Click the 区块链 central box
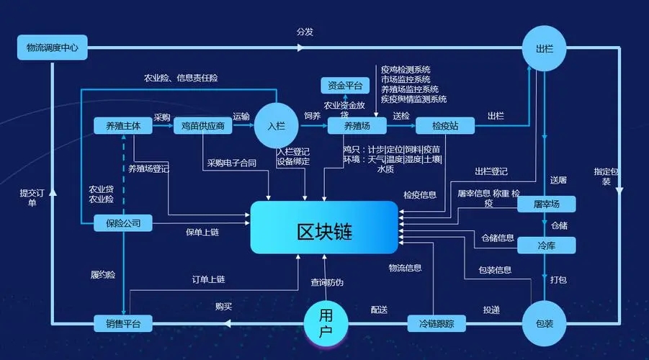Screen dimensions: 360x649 [324, 228]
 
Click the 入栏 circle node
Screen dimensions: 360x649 [277, 126]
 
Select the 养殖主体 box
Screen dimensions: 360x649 [123, 126]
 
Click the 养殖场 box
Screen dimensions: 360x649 [357, 126]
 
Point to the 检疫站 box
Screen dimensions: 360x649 [445, 126]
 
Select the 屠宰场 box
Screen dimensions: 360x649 [547, 204]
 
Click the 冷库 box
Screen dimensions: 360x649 [547, 246]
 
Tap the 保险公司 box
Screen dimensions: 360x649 [123, 224]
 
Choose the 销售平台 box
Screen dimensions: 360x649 [123, 324]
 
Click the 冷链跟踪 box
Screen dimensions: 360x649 [437, 324]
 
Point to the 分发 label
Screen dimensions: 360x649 [305, 32]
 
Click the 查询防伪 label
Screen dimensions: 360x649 [327, 282]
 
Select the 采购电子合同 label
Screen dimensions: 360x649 [232, 163]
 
